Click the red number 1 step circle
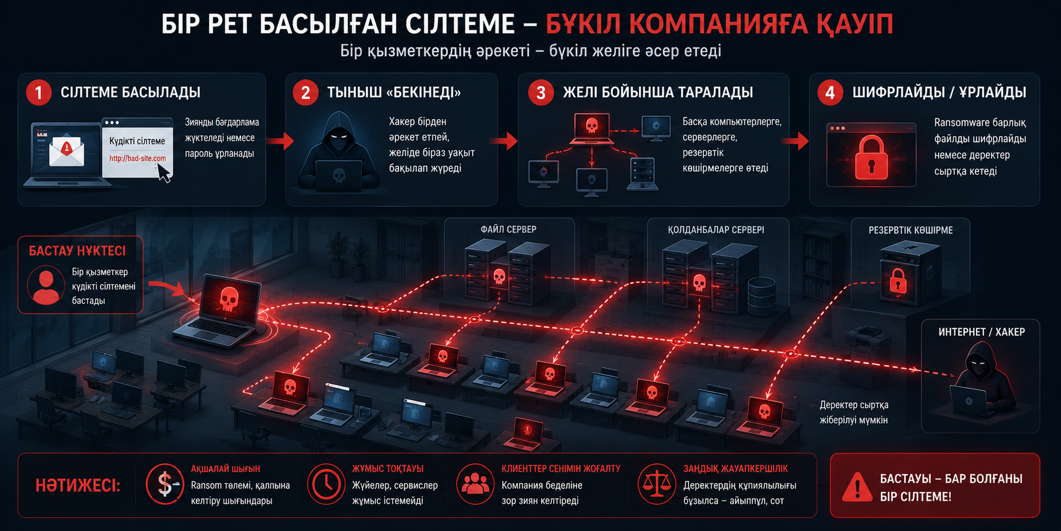[x=39, y=93]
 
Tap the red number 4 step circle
[x=830, y=93]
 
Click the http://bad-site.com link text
[x=138, y=159]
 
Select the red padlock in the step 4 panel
[x=871, y=157]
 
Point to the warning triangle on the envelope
[x=67, y=147]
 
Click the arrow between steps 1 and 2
[x=280, y=141]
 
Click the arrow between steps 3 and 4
[x=795, y=141]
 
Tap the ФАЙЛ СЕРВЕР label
[x=508, y=229]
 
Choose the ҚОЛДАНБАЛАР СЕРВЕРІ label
[x=716, y=230]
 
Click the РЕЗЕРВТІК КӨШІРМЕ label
[x=911, y=230]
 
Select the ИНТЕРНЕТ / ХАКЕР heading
[x=981, y=332]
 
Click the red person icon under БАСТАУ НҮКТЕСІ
[x=46, y=286]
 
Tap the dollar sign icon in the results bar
[x=165, y=484]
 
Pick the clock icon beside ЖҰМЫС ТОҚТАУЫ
[x=326, y=484]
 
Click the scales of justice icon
[x=656, y=484]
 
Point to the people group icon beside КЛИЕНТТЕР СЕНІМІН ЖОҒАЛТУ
[x=475, y=484]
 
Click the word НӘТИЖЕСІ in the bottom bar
[x=78, y=486]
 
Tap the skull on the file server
[x=499, y=277]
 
